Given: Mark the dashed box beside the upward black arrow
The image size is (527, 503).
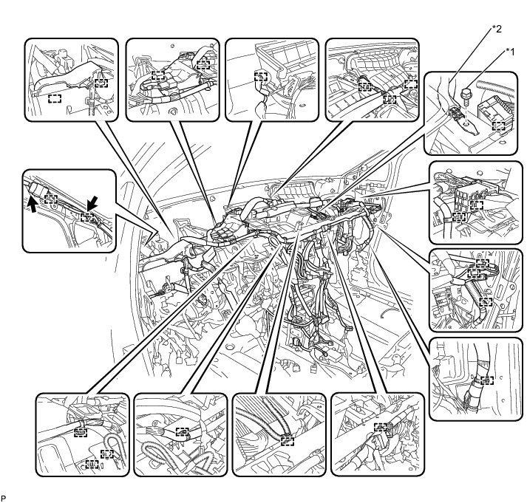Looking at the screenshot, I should pyautogui.click(x=50, y=199).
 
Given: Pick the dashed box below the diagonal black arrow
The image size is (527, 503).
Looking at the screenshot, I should pyautogui.click(x=87, y=217).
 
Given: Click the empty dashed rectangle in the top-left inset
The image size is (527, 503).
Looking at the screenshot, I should pyautogui.click(x=54, y=98).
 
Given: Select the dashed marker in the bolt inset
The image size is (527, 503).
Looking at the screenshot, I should pyautogui.click(x=500, y=126).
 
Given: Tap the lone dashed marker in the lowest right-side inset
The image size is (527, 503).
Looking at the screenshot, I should pyautogui.click(x=486, y=380).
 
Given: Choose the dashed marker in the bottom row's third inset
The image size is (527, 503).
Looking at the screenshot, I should pyautogui.click(x=287, y=441).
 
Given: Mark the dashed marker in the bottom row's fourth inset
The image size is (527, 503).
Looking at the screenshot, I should pyautogui.click(x=381, y=427).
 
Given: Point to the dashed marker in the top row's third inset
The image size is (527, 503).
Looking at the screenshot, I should pyautogui.click(x=260, y=76).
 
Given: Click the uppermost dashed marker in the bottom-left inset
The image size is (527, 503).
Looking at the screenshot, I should pyautogui.click(x=81, y=431).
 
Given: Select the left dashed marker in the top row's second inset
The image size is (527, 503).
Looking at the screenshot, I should pyautogui.click(x=157, y=75).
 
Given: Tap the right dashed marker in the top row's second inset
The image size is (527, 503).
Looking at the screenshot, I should pyautogui.click(x=203, y=64).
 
